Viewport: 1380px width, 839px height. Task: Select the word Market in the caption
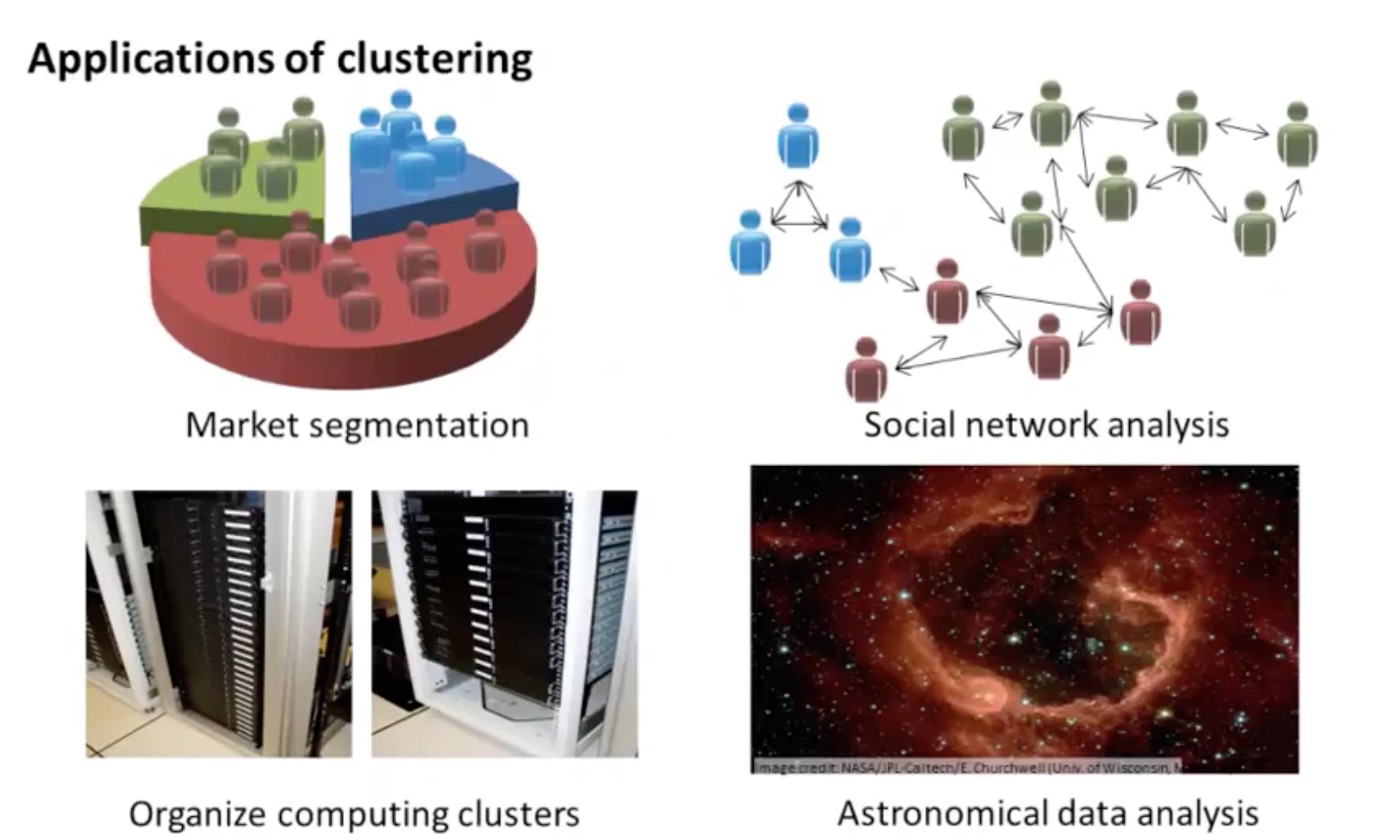click(x=243, y=425)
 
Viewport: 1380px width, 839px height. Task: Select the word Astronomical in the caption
click(x=942, y=814)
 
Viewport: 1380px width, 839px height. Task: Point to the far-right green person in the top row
click(x=1297, y=136)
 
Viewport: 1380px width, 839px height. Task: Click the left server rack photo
click(x=218, y=624)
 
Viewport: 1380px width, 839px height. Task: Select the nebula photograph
click(x=1024, y=613)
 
